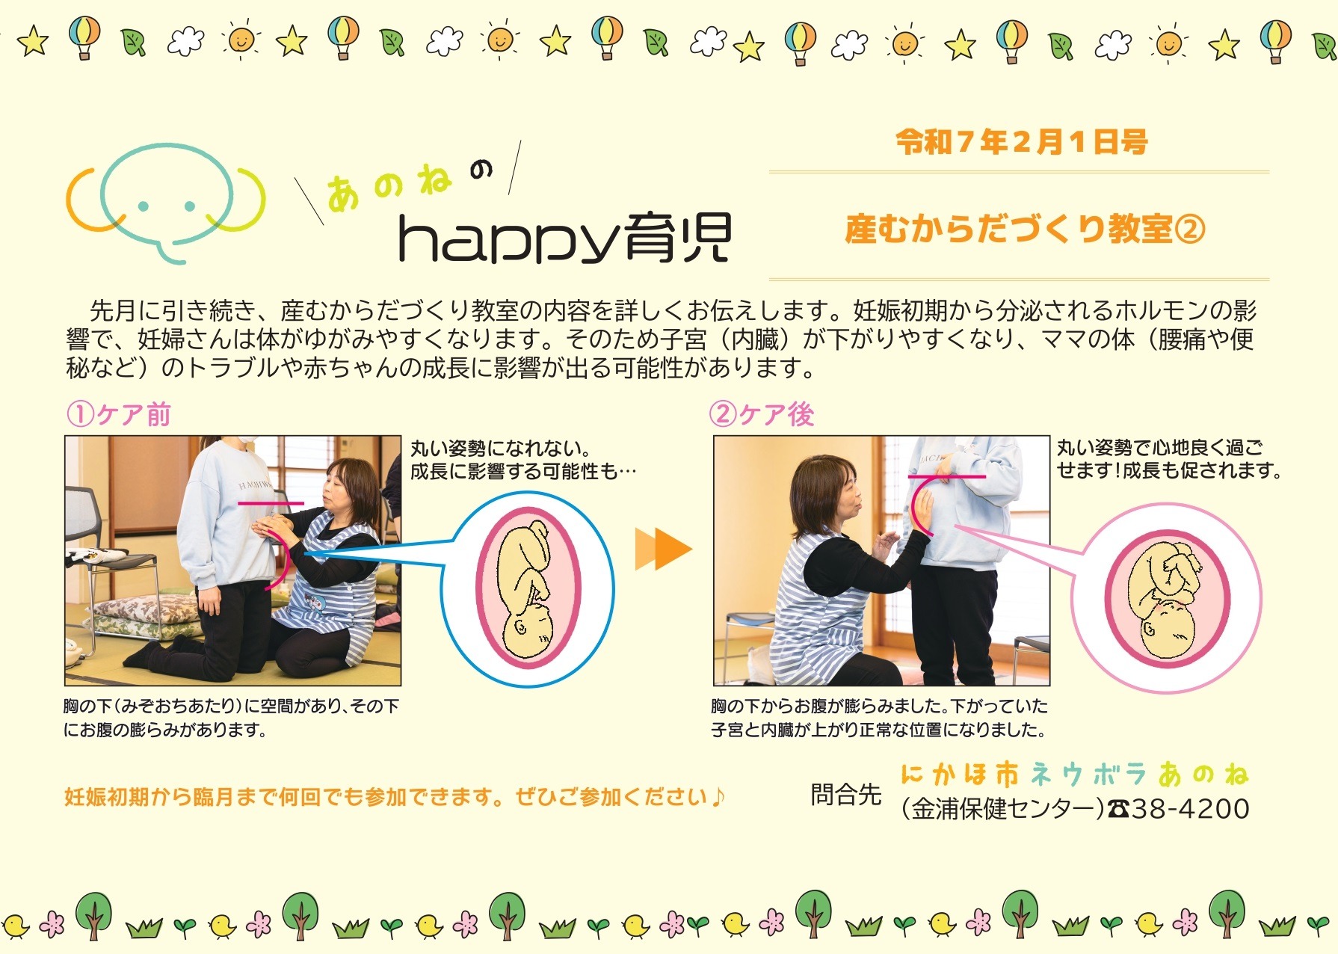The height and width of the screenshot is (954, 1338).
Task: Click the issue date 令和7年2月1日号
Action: point(1022,142)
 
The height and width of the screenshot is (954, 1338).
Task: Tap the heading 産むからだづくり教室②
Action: point(1025,229)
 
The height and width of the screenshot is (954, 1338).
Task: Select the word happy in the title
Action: point(509,238)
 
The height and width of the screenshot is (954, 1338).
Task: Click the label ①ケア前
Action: point(119,413)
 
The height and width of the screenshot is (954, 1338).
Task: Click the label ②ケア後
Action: point(762,413)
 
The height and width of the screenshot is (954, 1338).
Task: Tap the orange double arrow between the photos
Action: point(663,550)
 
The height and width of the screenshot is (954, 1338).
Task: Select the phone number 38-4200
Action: point(1190,809)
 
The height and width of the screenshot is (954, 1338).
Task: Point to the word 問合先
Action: point(846,794)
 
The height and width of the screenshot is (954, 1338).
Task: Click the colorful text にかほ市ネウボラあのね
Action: point(1075,774)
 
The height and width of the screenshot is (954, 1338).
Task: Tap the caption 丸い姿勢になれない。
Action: point(500,449)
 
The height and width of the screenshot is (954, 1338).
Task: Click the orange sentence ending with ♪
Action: point(394,797)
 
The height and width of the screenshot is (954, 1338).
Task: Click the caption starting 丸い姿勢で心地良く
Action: point(1168,459)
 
